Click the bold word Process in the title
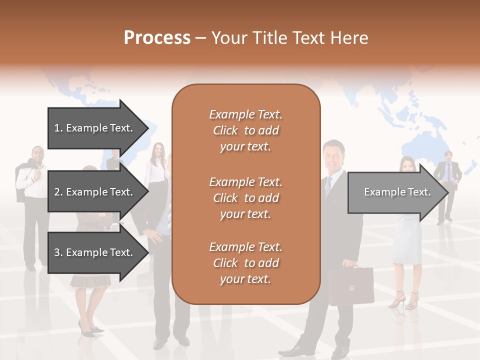(157, 38)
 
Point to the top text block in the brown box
(245, 130)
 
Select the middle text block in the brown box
(245, 198)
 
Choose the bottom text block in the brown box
(245, 263)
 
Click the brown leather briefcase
(351, 285)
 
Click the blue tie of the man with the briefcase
(328, 186)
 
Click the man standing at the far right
(447, 185)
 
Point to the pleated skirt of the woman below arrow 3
(90, 280)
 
